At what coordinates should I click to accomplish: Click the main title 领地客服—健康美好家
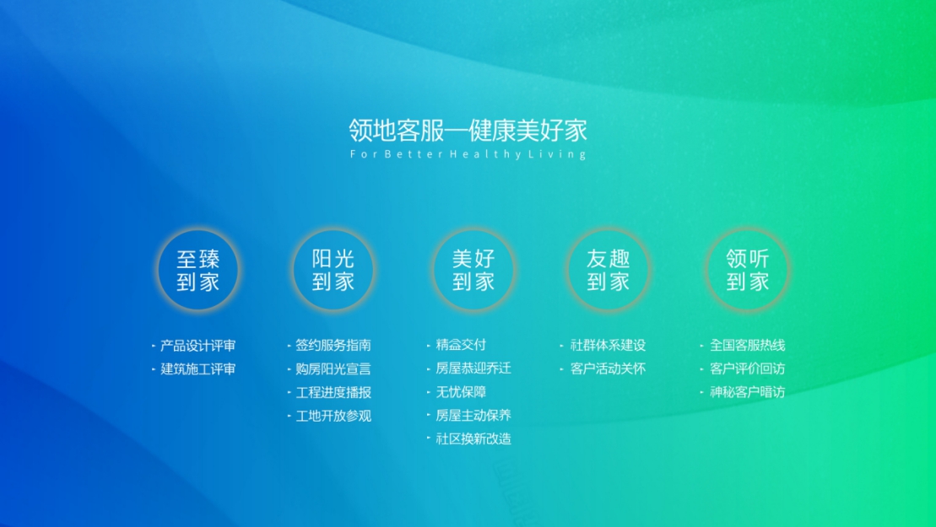468,131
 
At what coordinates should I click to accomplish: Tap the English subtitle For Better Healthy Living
468,154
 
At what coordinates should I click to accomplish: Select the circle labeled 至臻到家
198,270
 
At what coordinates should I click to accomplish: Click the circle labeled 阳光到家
333,270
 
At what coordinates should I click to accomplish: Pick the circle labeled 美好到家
473,270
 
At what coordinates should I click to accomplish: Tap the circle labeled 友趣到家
608,270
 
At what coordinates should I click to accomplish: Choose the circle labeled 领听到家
748,270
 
